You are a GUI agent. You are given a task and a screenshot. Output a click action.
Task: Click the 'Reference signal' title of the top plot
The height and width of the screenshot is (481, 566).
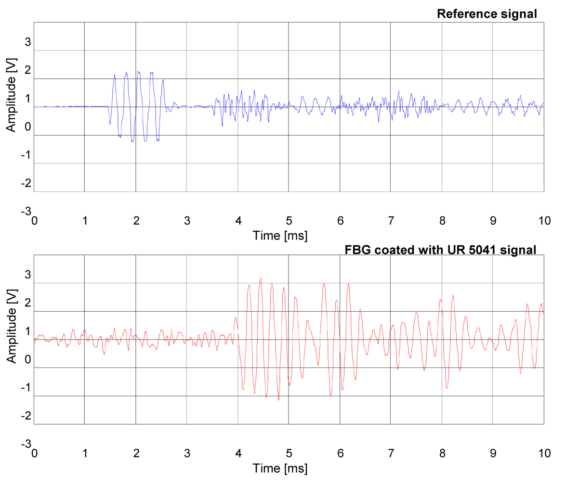[x=487, y=14]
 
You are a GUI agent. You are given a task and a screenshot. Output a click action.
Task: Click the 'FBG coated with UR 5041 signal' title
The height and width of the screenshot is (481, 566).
[x=441, y=250]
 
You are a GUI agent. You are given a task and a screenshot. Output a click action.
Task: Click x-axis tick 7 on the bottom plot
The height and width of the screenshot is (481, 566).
[x=391, y=454]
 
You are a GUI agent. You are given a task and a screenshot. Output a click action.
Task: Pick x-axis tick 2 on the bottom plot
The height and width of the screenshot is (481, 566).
[x=136, y=454]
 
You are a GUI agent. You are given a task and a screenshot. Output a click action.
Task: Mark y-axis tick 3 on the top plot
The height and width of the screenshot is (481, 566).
[x=28, y=42]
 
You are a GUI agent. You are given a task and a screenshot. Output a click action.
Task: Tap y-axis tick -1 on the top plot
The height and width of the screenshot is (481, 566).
[x=26, y=155]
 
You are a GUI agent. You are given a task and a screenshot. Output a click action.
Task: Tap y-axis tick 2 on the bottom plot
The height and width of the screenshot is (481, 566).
[x=28, y=303]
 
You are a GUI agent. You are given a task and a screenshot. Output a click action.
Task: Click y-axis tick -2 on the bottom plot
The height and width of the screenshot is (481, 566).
[x=26, y=416]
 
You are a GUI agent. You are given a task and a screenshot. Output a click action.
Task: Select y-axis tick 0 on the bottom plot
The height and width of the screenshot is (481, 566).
[x=28, y=359]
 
